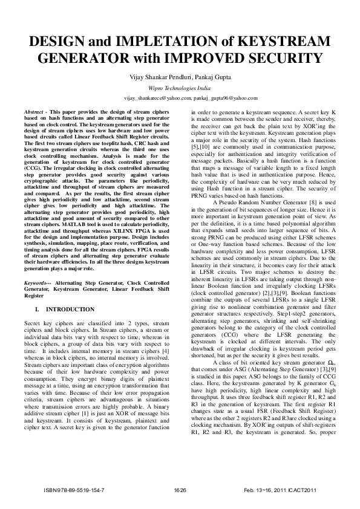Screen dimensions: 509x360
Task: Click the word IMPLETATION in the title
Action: pyautogui.click(x=165, y=42)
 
